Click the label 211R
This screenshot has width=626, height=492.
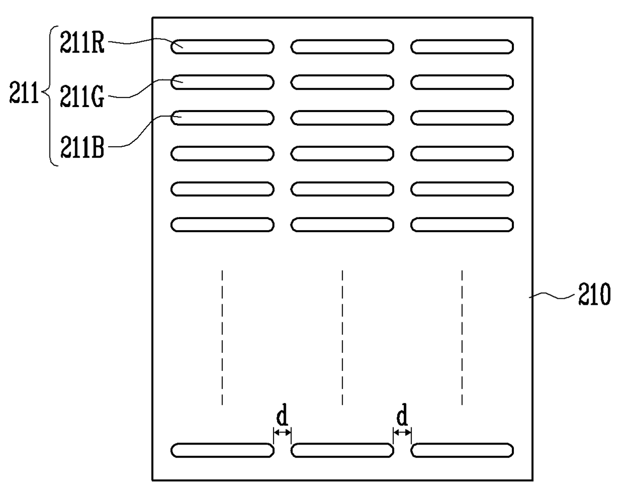[82, 43]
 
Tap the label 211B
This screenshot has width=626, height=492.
[82, 147]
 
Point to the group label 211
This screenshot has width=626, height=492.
[24, 94]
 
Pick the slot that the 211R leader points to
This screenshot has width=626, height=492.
[222, 47]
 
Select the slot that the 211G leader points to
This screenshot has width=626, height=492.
[222, 82]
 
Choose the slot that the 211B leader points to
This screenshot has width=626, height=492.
[222, 118]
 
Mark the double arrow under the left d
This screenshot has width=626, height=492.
[282, 432]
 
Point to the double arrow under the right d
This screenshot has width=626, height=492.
[402, 432]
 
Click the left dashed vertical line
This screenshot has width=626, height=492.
[222, 337]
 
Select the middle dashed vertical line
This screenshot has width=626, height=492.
[342, 337]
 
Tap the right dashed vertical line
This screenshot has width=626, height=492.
[462, 337]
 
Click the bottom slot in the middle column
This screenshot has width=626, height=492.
[342, 450]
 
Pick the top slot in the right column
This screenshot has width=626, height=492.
[462, 47]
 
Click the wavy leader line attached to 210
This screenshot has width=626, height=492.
[553, 296]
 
